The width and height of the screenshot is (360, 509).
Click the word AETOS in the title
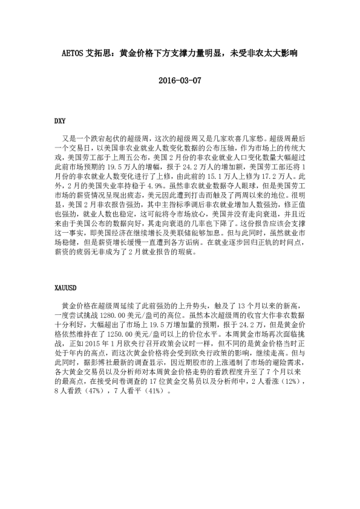click(x=76, y=53)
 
